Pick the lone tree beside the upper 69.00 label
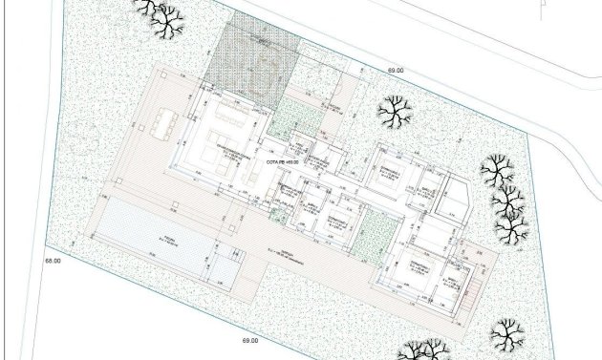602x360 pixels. click(x=393, y=114)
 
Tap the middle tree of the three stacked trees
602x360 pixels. click(x=506, y=201)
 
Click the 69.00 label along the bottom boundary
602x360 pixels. click(x=250, y=341)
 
